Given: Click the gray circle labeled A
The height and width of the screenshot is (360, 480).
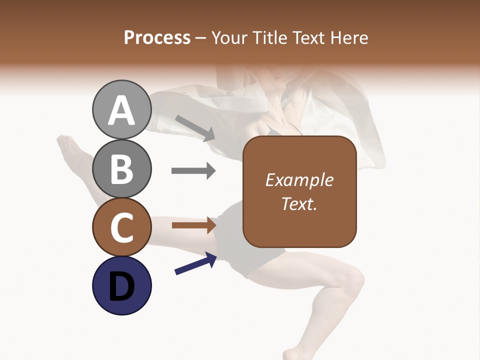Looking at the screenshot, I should pos(121,109).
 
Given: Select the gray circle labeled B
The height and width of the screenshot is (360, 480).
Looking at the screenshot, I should pos(121,168).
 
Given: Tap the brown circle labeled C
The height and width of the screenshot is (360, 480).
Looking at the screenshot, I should pos(121,227).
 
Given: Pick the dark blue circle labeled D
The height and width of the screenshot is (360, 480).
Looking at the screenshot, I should pos(121,285).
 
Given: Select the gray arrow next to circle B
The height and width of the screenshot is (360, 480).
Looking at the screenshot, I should pos(193,171).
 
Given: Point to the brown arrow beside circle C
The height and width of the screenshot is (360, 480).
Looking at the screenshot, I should pos(193,225).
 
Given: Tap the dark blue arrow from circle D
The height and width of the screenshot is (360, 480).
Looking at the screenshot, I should pos(195,264).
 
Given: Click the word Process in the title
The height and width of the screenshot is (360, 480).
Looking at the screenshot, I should pos(157,38).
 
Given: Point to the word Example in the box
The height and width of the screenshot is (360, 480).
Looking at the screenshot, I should pos(299,180).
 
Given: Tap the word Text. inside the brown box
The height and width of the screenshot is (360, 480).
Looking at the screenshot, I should pos(299,203).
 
